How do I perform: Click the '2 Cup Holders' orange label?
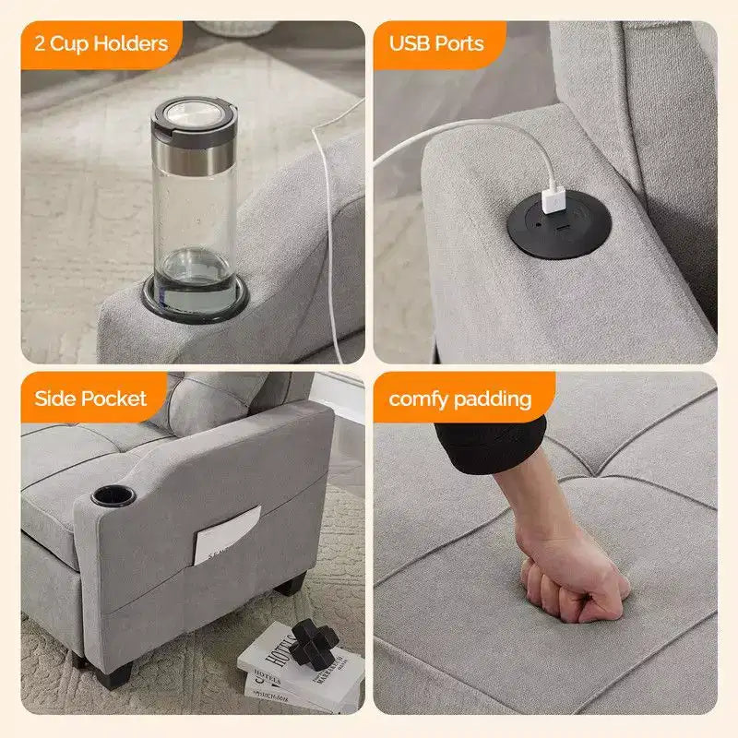pos(101,44)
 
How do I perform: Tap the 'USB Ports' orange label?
pos(439,44)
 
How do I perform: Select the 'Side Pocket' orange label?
pos(93,398)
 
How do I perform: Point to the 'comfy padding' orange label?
pos(464,398)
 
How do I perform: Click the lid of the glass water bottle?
pos(194,116)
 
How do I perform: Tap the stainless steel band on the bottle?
pos(194,154)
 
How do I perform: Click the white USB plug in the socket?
pos(553,200)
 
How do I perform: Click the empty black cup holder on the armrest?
pos(113,496)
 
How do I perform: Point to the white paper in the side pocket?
pos(227,535)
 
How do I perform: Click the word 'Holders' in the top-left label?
pos(130,43)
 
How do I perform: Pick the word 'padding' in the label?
pos(493,400)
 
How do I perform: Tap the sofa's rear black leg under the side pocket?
pos(291,584)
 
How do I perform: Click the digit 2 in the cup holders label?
pos(40,43)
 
